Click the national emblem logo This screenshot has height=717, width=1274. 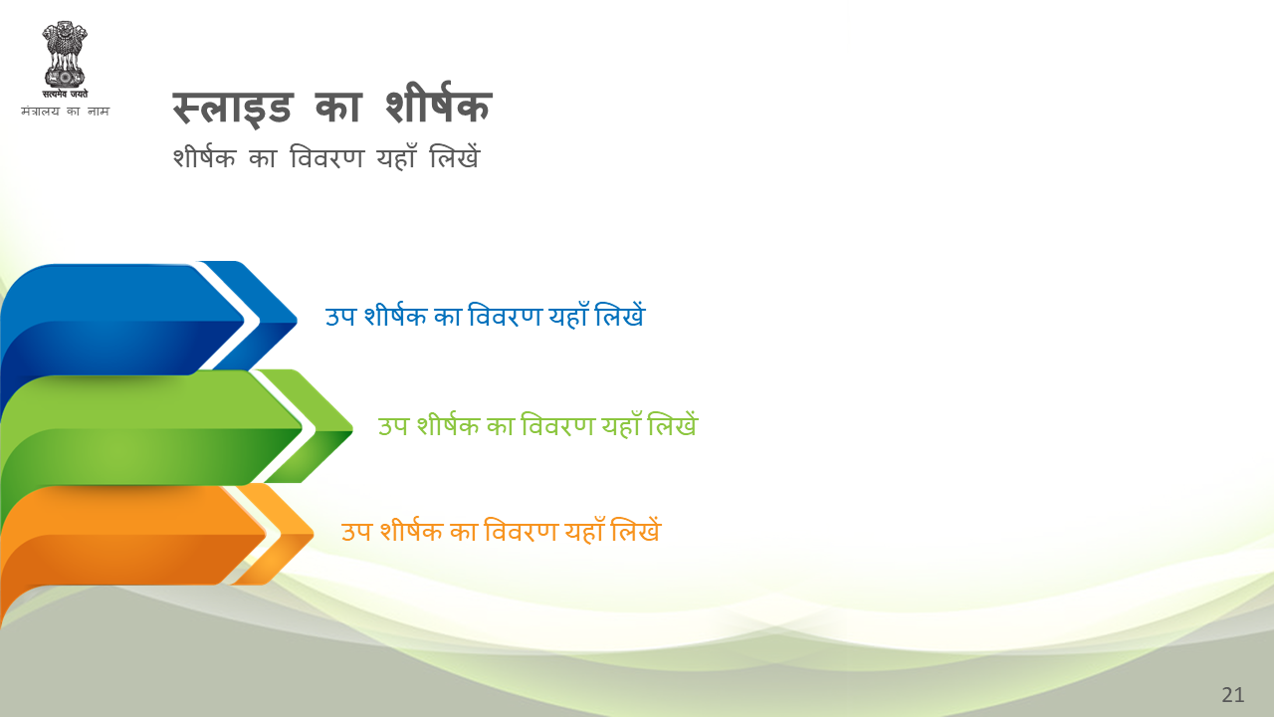[65, 55]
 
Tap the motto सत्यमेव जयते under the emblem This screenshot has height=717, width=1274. [65, 94]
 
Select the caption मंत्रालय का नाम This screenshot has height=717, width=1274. [65, 111]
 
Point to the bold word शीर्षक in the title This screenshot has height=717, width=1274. [439, 103]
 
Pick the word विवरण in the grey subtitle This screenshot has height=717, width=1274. [326, 157]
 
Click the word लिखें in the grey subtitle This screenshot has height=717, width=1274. [455, 156]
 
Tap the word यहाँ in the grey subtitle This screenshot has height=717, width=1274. [396, 156]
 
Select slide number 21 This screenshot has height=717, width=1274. [1232, 695]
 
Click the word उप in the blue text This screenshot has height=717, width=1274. [340, 317]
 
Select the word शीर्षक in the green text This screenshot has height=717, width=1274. [448, 424]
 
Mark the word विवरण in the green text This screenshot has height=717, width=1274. [558, 424]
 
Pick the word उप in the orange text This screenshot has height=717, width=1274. [356, 532]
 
